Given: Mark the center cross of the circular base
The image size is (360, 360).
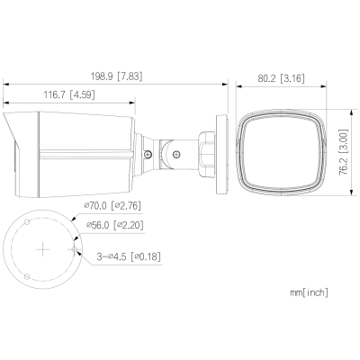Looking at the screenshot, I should point(41,247).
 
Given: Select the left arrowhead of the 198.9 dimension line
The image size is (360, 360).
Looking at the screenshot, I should point(4,85).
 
